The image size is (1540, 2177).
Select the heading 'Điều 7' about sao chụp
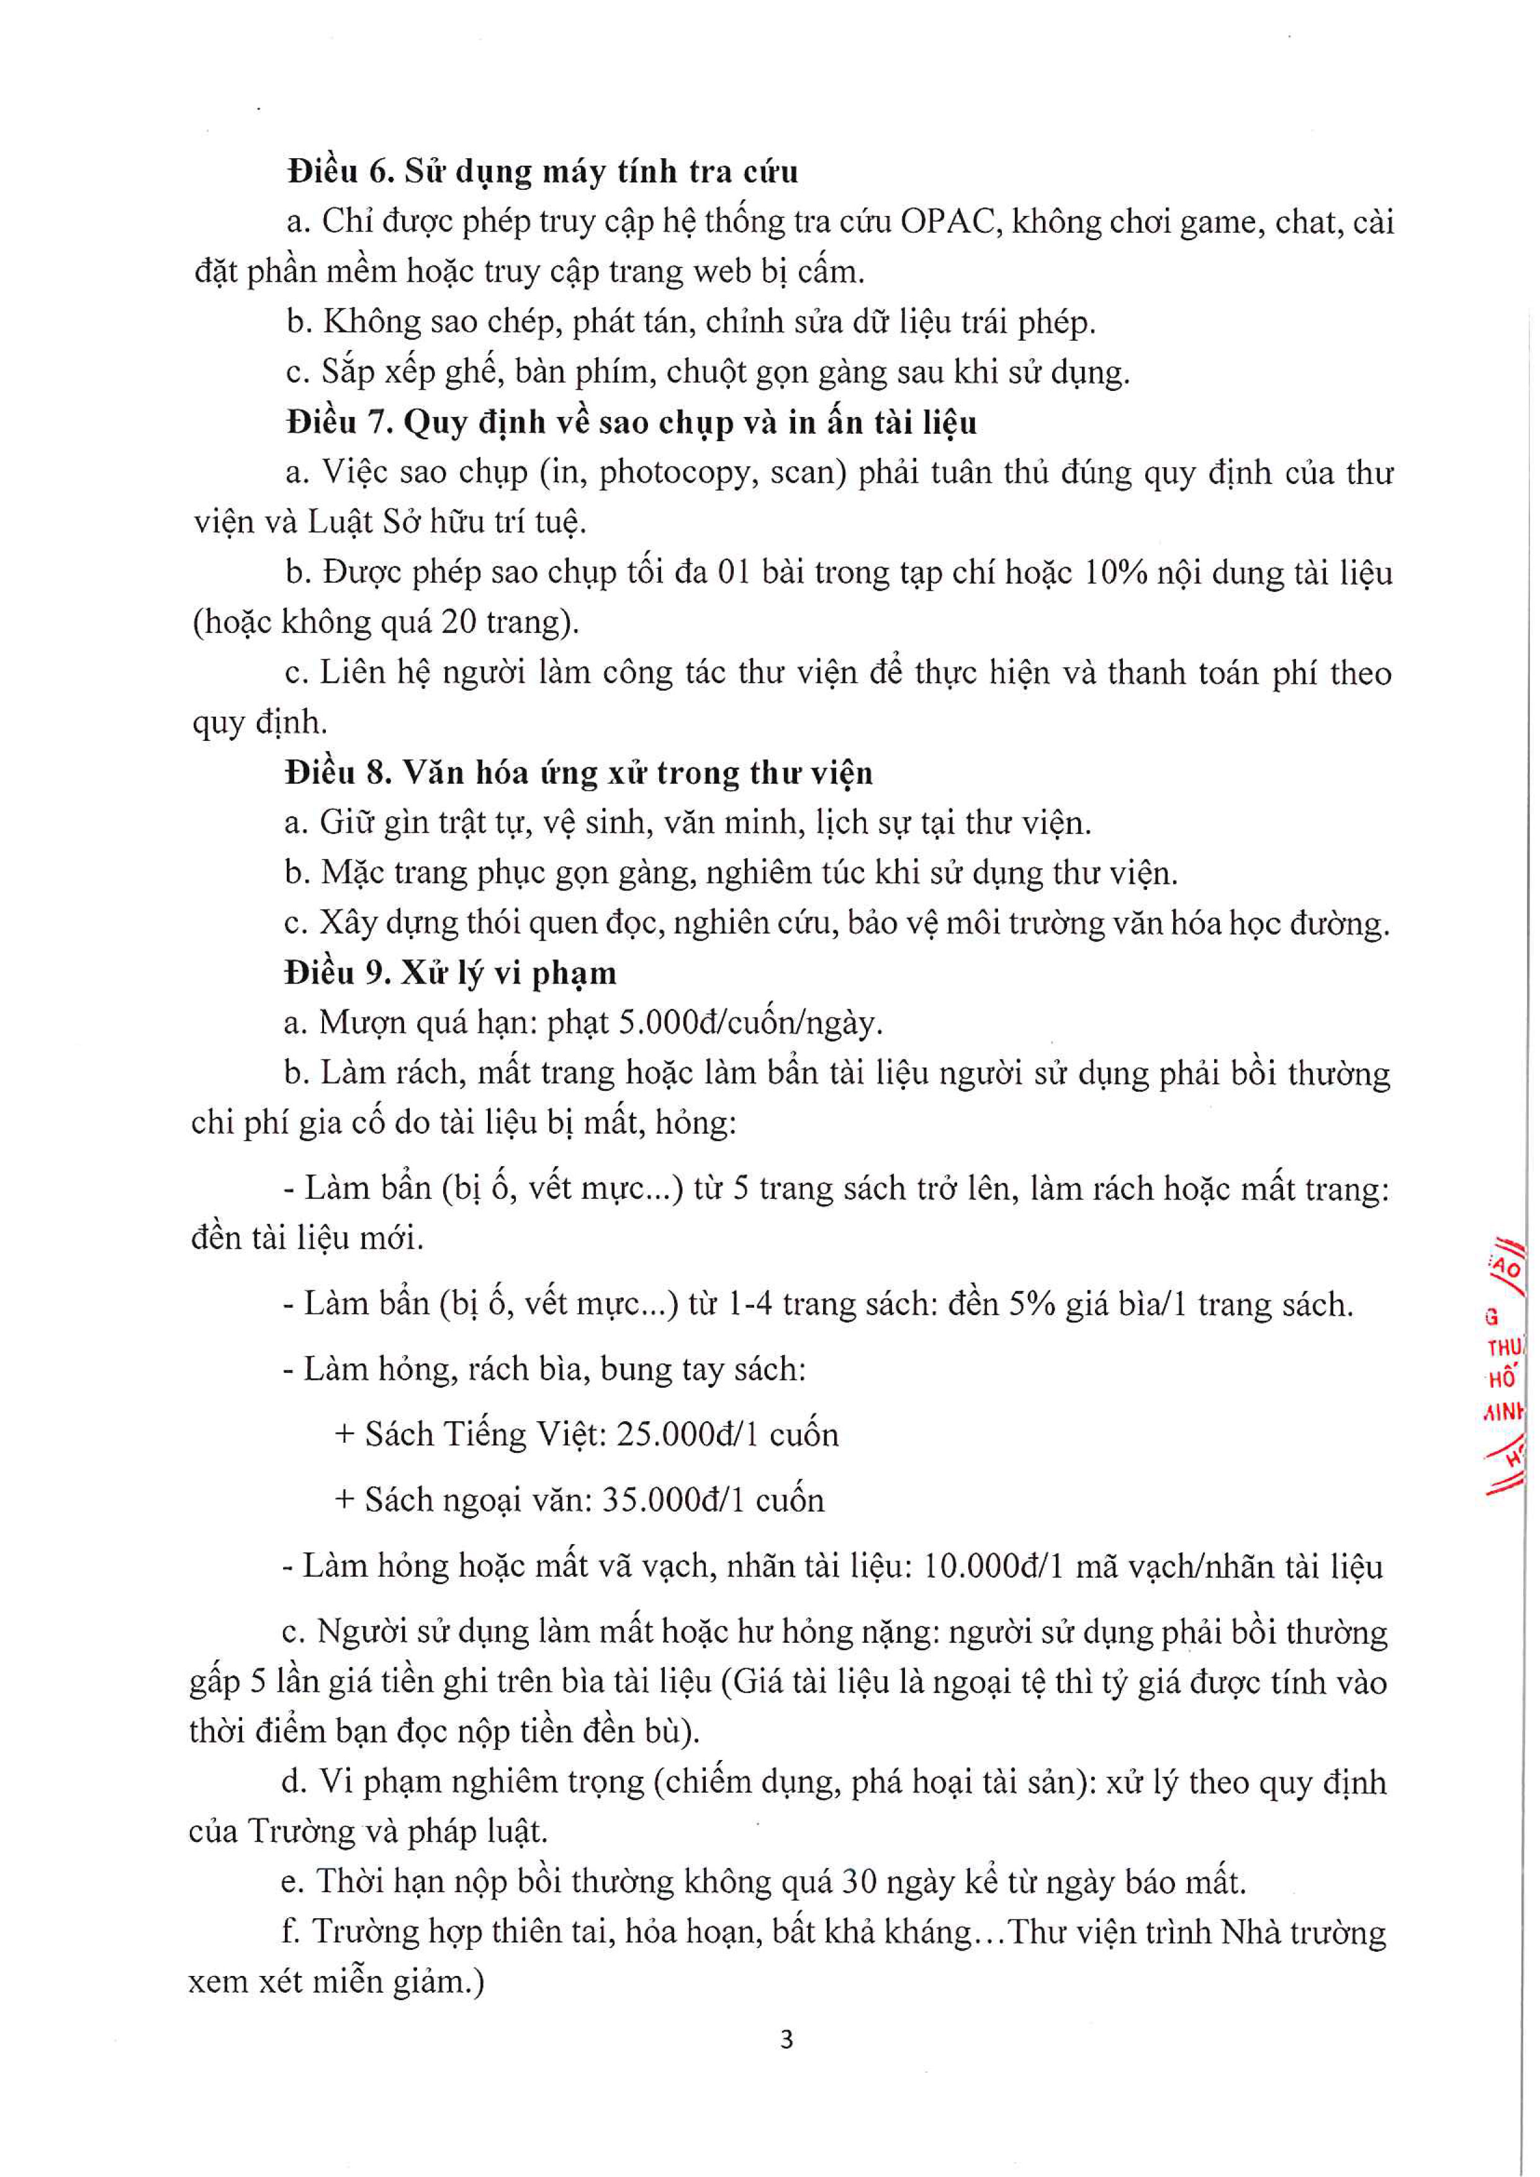point(631,422)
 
